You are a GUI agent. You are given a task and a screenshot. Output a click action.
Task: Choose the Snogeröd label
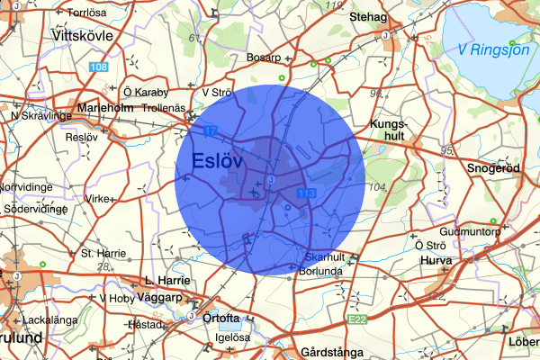point(494,167)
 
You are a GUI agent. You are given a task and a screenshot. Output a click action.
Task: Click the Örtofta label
point(225,317)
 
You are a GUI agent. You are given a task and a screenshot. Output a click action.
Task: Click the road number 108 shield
point(99,67)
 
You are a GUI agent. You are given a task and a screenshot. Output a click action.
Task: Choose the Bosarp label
point(265,58)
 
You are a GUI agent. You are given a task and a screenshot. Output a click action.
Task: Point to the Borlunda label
point(319,268)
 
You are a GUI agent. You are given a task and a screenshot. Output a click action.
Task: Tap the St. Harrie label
point(102,253)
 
